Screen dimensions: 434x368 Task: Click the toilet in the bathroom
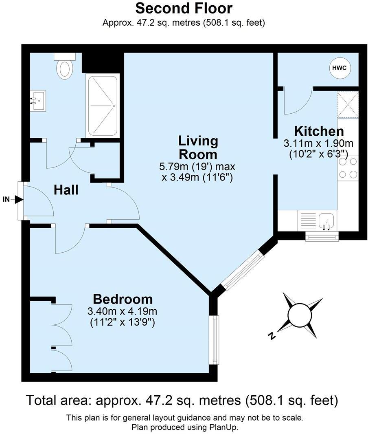(64, 67)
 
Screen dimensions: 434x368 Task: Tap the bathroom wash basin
(38, 101)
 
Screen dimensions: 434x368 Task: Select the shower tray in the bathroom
(103, 106)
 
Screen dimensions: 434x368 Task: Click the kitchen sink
(326, 221)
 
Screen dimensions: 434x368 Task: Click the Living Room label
(198, 148)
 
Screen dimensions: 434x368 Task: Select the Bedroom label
(123, 299)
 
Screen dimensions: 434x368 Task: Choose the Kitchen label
(319, 131)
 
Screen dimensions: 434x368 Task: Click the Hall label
(66, 190)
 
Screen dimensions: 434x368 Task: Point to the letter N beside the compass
(271, 336)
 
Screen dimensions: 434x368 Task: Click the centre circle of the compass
(299, 315)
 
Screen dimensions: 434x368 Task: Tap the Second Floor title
(184, 8)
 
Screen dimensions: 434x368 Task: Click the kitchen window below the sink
(322, 236)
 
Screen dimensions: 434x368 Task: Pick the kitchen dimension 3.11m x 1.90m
(318, 143)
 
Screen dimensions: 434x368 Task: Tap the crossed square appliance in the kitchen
(348, 105)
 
